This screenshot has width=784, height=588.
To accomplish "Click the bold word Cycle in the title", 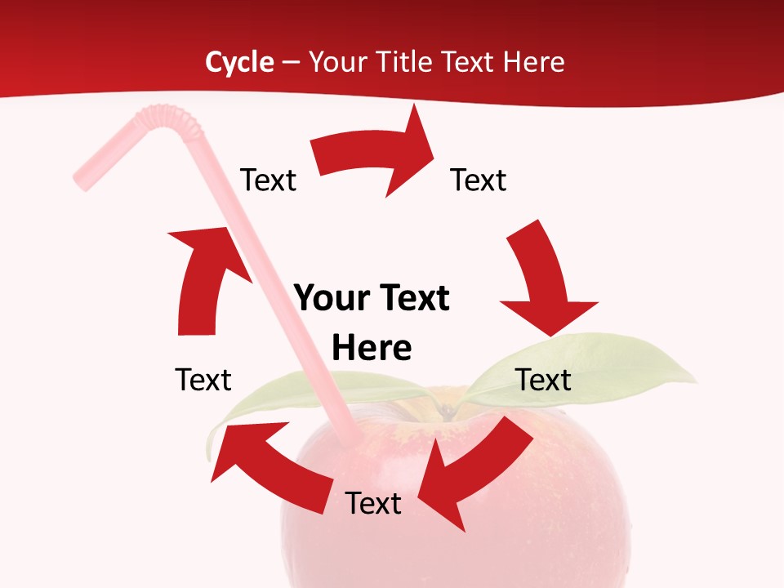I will (239, 62).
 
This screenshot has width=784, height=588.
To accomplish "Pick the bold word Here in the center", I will (372, 349).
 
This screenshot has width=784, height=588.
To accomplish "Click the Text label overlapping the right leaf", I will (543, 380).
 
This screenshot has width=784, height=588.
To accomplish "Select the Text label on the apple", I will (373, 503).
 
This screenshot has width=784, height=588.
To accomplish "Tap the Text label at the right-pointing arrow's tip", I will (479, 180).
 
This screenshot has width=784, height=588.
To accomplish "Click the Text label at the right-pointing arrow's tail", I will (268, 180).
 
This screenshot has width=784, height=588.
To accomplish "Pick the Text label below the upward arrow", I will (203, 380).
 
